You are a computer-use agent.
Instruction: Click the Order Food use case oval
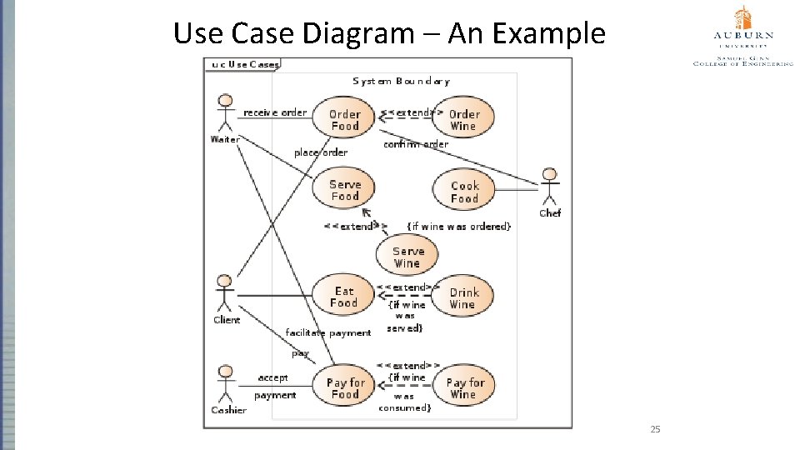click(344, 119)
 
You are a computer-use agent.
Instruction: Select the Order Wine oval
click(463, 119)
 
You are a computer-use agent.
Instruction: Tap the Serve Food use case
click(344, 190)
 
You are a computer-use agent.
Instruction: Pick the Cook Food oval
click(464, 192)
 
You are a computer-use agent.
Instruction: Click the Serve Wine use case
click(407, 257)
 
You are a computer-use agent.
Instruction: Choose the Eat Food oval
click(343, 297)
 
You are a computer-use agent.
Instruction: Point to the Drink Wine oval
click(463, 297)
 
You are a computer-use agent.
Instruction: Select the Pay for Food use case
click(345, 387)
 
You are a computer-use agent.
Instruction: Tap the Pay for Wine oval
click(464, 387)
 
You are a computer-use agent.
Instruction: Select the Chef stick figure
click(549, 187)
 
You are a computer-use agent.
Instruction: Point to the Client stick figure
click(224, 293)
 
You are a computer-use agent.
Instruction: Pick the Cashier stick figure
click(224, 383)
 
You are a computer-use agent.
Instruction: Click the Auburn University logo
click(742, 35)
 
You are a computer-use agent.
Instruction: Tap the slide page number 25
click(654, 429)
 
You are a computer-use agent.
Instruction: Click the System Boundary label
click(401, 82)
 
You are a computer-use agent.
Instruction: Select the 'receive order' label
click(275, 112)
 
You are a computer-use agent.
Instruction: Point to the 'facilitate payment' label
click(327, 332)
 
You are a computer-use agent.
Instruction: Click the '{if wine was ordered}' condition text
click(458, 226)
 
